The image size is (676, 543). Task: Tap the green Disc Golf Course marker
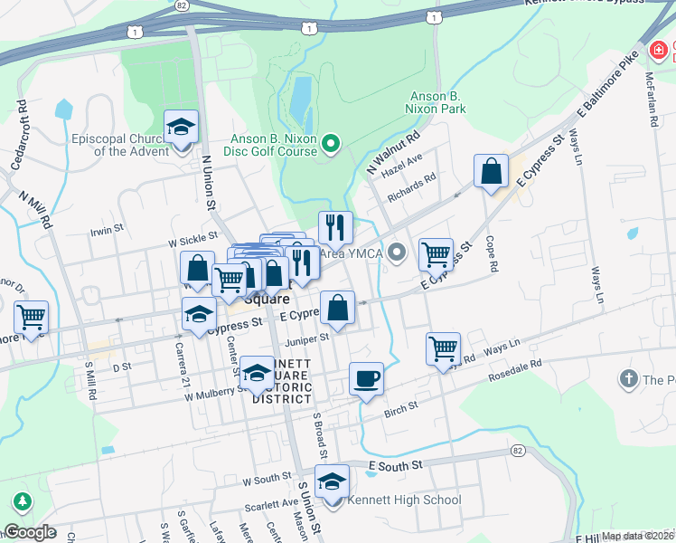click(x=331, y=142)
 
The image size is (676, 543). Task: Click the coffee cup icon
click(x=366, y=378)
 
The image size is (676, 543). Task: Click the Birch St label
click(x=400, y=406)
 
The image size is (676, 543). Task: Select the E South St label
click(x=395, y=465)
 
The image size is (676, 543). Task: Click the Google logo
click(x=30, y=532)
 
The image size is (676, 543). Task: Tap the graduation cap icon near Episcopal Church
click(x=181, y=128)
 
